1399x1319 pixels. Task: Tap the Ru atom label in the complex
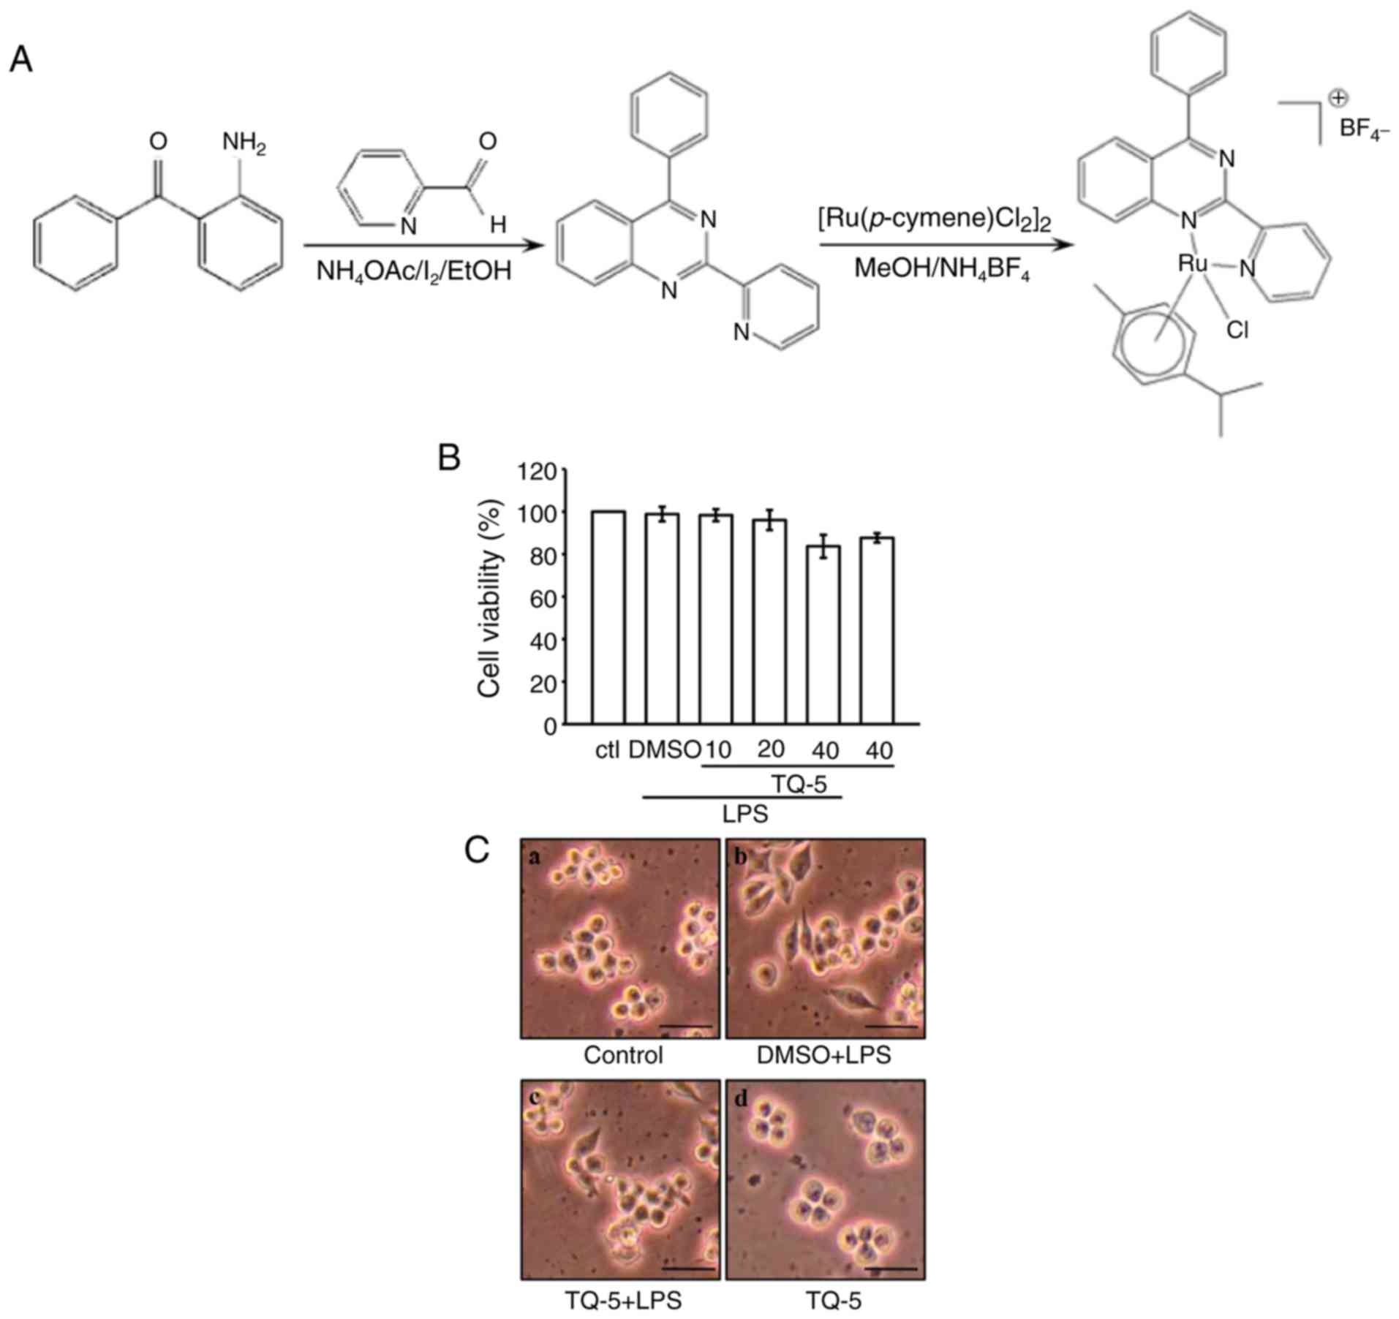pos(1192,264)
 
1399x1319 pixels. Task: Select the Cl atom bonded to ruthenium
pos(1237,331)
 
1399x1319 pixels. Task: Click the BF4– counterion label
pos(1364,130)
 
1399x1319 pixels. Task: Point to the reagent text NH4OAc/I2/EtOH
pos(414,272)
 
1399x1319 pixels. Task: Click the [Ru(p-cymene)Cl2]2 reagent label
pos(935,219)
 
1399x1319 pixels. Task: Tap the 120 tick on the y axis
pos(537,472)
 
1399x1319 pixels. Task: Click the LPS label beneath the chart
pos(745,814)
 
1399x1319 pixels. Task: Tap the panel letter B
pos(448,458)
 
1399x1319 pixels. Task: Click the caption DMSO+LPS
pos(824,1055)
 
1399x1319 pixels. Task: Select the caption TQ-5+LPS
pos(623,1301)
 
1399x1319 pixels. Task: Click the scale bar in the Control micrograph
pos(685,1025)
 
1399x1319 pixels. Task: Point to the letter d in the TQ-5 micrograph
pos(742,1099)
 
